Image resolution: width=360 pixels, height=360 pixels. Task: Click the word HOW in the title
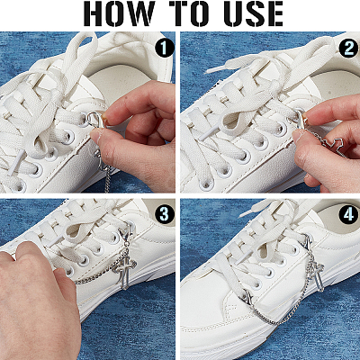tap(120, 13)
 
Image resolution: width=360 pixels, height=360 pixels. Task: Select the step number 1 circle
tap(164, 49)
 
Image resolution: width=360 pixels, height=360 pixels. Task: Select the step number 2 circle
tap(348, 49)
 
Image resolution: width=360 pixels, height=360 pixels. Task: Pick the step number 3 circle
tap(165, 215)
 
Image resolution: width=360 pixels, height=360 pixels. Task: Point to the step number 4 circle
tap(348, 215)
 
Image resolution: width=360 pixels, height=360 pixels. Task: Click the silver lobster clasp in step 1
tap(94, 120)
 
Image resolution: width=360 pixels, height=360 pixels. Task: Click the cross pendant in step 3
tap(124, 270)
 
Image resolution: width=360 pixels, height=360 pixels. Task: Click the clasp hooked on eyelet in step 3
tap(126, 236)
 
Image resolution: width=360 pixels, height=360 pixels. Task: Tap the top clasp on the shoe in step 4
tap(309, 242)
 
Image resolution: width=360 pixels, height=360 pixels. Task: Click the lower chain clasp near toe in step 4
tap(247, 296)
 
